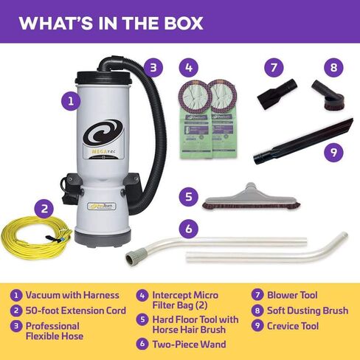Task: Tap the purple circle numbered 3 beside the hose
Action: pyautogui.click(x=152, y=67)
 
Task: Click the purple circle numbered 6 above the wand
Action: pyautogui.click(x=190, y=229)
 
